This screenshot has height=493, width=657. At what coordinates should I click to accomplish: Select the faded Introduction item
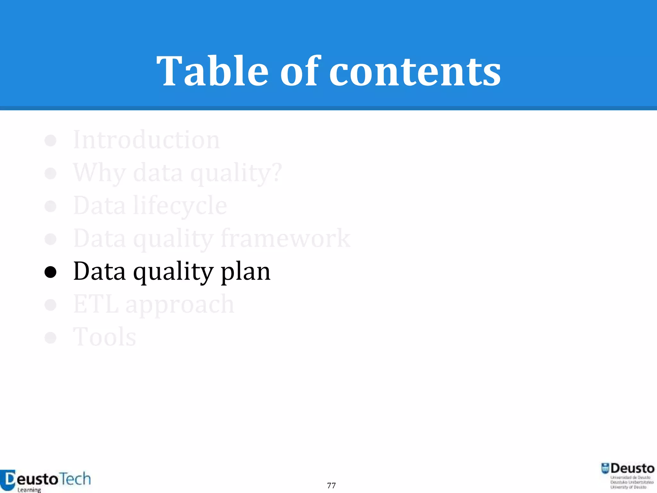[146, 140]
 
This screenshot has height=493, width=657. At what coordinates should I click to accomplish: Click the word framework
[286, 238]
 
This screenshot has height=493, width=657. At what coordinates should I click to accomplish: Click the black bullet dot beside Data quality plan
[50, 272]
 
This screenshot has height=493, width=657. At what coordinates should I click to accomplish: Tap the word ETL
[96, 304]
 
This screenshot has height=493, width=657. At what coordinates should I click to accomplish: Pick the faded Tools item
[105, 337]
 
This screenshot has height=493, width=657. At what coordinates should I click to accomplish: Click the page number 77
[331, 485]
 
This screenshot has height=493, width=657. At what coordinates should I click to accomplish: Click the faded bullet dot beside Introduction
[50, 141]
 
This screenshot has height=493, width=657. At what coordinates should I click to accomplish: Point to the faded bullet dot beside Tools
[50, 338]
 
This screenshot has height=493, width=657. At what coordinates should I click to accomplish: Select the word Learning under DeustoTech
[29, 490]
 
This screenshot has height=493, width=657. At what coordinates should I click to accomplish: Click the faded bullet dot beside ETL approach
[50, 305]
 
